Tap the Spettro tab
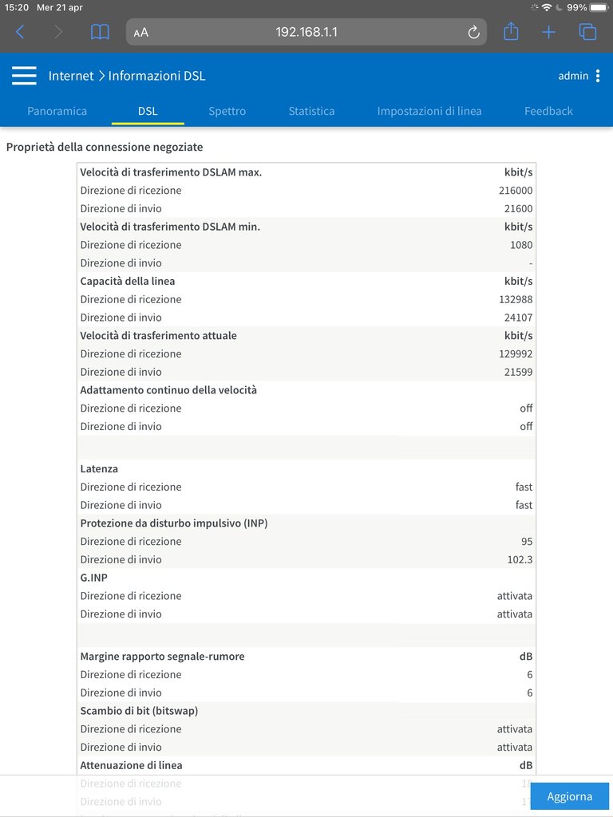tap(227, 111)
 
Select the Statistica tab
tap(311, 111)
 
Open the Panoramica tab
tap(57, 111)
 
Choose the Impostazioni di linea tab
tap(429, 111)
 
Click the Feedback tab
tap(548, 111)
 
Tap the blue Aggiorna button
tap(570, 796)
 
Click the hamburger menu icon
tap(24, 76)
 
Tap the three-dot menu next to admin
tap(598, 76)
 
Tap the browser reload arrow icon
tap(473, 32)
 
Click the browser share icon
tap(511, 32)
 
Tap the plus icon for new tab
tap(548, 32)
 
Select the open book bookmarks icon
tap(100, 32)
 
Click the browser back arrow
tap(21, 32)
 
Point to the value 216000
tap(516, 191)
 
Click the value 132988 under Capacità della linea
tap(516, 299)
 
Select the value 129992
tap(516, 353)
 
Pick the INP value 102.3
tap(520, 559)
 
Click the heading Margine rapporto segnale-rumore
tap(162, 657)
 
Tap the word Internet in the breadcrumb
tap(71, 76)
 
